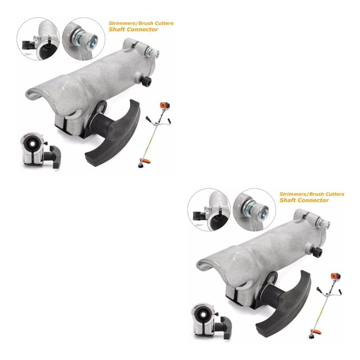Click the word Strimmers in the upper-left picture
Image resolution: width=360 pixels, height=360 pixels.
[x=119, y=23]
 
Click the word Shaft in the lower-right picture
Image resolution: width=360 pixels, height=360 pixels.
[x=287, y=200]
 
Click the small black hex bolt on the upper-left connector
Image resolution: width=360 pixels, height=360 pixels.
[x=146, y=81]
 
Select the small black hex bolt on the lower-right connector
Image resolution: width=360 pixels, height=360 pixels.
[x=317, y=251]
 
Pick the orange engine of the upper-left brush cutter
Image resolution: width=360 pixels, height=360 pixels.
[x=165, y=106]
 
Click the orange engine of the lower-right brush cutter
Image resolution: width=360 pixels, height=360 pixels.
[x=336, y=276]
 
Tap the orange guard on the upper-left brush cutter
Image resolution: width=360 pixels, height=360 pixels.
[x=145, y=160]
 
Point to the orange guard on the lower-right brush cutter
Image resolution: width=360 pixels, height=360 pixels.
[x=316, y=331]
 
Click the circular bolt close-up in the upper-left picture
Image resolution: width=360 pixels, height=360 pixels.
[x=84, y=39]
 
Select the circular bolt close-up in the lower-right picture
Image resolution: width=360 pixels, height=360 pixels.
[x=254, y=210]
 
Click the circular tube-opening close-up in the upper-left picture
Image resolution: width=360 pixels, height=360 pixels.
[x=38, y=39]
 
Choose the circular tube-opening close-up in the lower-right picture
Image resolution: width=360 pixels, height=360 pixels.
[x=209, y=210]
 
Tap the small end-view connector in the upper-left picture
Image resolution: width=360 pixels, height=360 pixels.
[x=40, y=150]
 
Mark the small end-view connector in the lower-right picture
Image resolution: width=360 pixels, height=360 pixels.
[x=211, y=321]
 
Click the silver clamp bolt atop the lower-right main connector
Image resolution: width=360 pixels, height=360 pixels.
[x=323, y=223]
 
